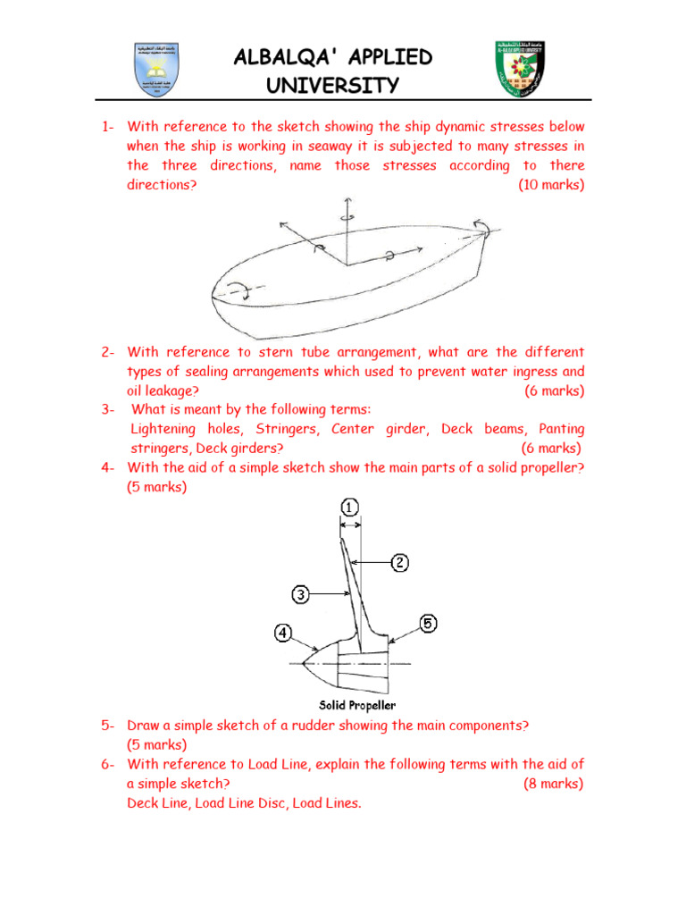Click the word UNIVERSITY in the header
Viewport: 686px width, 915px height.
(332, 86)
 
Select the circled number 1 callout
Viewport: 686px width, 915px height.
(349, 508)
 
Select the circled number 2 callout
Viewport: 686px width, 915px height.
(399, 562)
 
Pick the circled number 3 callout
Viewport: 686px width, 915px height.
(302, 593)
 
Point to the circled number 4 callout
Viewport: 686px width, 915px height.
(283, 633)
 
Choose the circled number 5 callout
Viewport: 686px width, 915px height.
(428, 625)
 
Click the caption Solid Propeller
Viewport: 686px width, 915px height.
(357, 706)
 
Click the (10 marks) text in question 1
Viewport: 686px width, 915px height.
(551, 185)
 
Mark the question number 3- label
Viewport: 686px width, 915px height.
(109, 409)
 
